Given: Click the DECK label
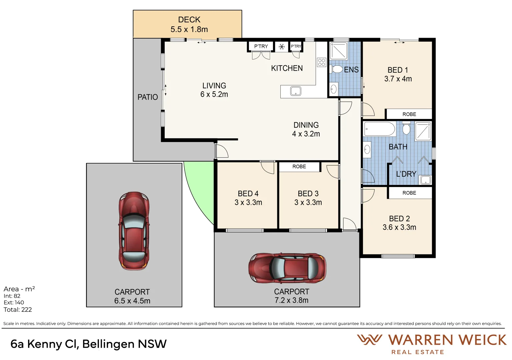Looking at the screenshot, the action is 189,20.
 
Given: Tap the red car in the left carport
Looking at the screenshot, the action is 134,231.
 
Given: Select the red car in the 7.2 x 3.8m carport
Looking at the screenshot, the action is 287,268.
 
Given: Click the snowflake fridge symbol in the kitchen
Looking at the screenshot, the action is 282,47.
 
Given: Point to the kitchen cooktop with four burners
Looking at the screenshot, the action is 322,62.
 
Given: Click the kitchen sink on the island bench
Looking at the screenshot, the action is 296,91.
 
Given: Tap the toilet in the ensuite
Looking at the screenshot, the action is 336,69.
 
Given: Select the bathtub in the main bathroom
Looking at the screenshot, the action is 379,129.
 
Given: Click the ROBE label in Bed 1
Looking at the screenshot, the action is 409,114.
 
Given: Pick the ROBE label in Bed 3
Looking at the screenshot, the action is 299,167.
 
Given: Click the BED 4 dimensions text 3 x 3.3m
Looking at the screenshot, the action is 248,202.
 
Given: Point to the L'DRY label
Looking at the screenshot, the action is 406,174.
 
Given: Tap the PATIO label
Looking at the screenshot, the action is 148,97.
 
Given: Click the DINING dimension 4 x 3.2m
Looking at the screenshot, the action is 306,134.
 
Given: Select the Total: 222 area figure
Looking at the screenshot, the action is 18,310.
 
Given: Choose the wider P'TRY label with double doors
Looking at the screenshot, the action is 261,46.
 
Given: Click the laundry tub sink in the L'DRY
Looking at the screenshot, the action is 425,180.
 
